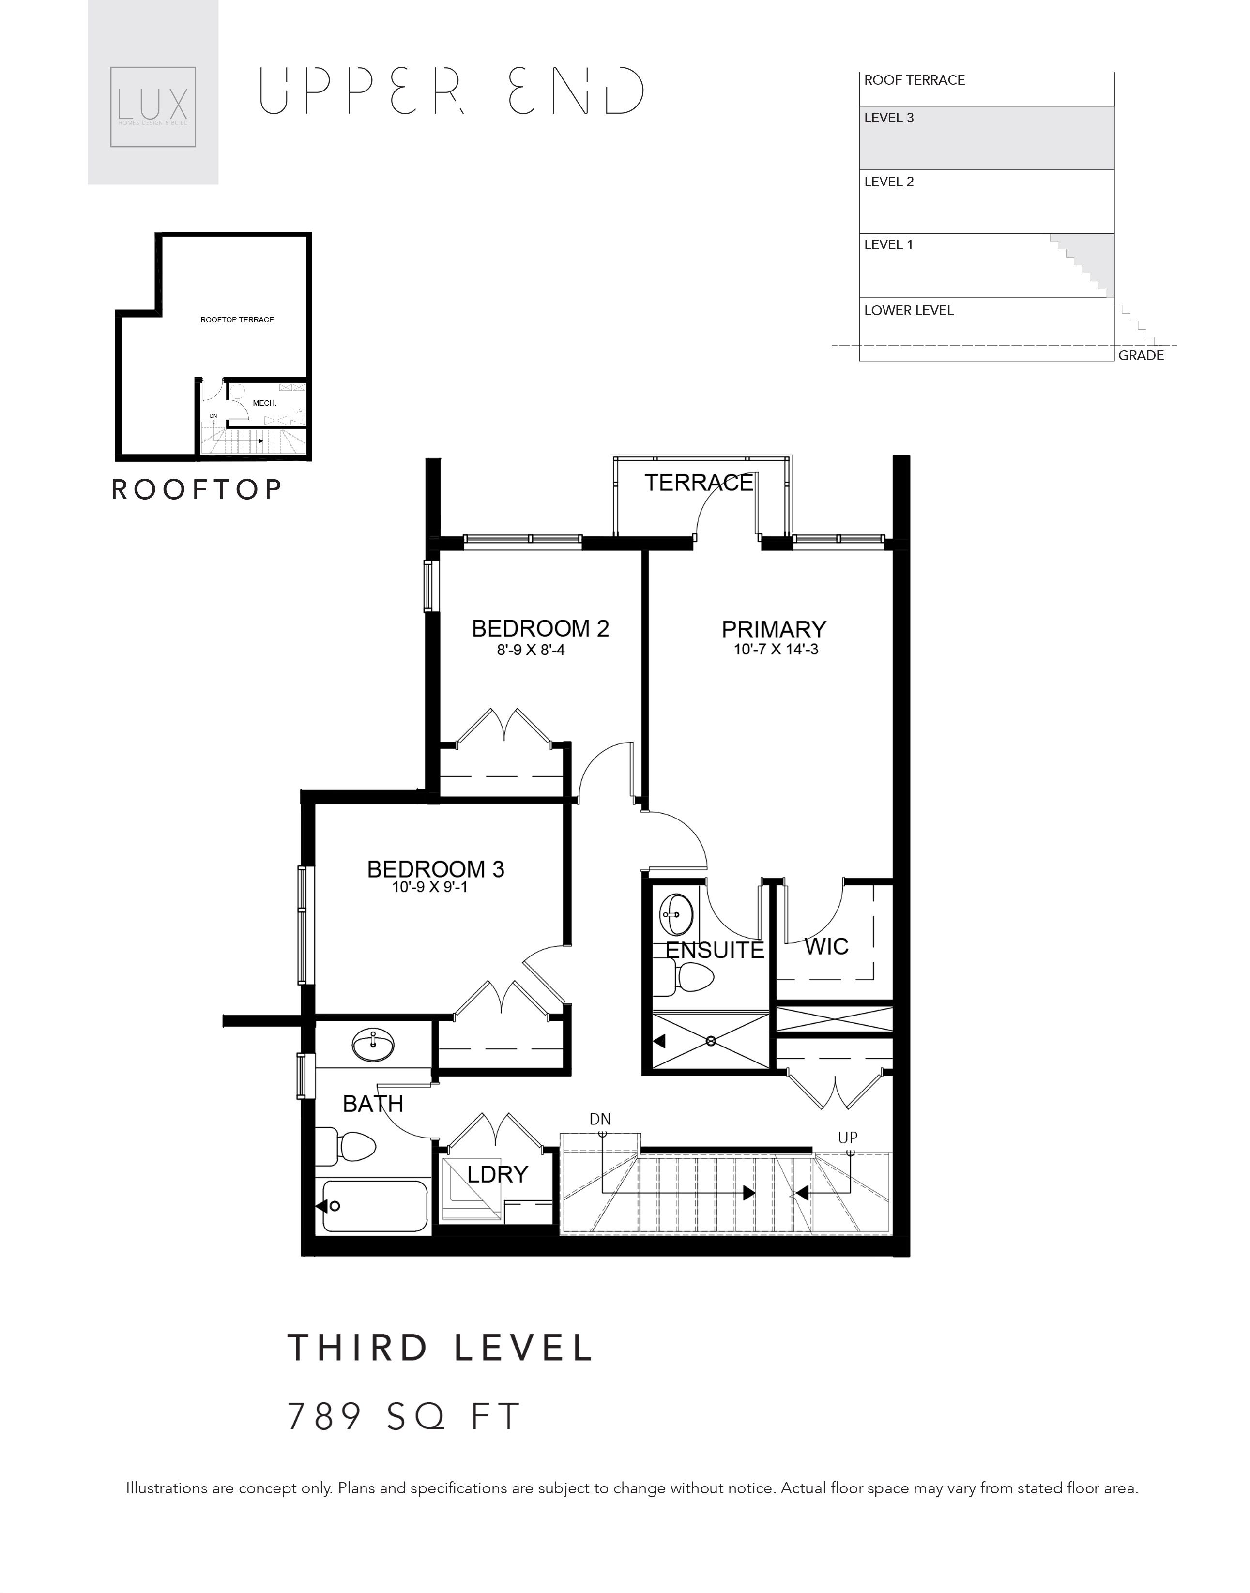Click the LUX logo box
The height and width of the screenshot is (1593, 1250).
[153, 107]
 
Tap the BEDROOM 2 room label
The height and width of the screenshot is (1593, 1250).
[540, 629]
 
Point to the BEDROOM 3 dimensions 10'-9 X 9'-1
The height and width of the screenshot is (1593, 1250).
[429, 888]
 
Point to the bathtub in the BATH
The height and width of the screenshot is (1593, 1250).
[374, 1206]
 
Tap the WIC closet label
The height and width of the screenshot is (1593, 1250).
[826, 946]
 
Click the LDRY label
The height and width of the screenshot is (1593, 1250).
[498, 1174]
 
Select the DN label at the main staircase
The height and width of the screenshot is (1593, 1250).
[600, 1120]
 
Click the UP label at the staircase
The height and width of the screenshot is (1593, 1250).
[848, 1138]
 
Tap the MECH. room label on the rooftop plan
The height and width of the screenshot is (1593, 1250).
[264, 403]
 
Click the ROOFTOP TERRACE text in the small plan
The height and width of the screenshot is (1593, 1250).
[237, 320]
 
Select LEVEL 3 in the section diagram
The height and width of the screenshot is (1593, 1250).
[889, 118]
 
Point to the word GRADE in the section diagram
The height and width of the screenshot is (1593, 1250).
[1141, 356]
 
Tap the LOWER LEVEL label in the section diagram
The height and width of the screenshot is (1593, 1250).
[909, 310]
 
